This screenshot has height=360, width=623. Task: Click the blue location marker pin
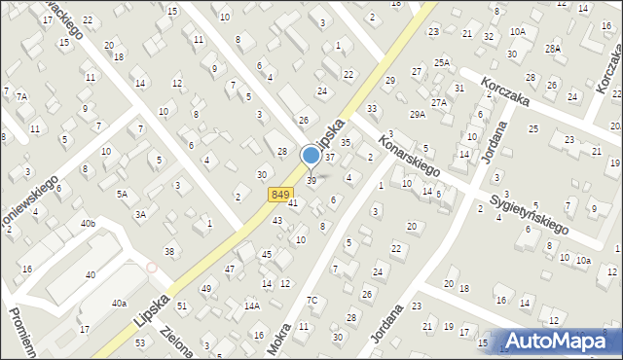click(311, 156)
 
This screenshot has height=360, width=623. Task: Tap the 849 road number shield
click(280, 195)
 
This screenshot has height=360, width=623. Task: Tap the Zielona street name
click(175, 341)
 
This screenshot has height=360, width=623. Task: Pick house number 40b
click(89, 224)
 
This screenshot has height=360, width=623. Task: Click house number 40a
click(119, 304)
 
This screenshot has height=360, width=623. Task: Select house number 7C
click(312, 300)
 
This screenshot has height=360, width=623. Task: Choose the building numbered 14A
click(252, 306)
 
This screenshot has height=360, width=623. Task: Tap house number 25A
click(442, 62)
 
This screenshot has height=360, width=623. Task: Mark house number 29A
click(418, 114)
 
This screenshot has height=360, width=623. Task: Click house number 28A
click(553, 48)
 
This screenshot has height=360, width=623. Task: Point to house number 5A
click(123, 194)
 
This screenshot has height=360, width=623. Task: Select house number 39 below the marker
click(311, 180)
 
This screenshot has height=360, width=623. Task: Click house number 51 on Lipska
click(182, 306)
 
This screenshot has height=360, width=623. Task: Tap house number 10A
click(518, 31)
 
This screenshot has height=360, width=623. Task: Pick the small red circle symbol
click(151, 268)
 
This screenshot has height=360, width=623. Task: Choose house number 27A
click(439, 102)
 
